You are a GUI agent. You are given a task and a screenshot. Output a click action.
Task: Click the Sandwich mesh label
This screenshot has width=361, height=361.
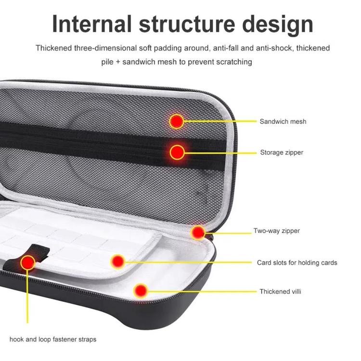(283, 122)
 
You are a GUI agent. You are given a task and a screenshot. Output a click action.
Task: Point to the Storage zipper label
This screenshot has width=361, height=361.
(282, 153)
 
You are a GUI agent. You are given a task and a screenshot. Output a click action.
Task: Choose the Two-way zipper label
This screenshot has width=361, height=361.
(276, 231)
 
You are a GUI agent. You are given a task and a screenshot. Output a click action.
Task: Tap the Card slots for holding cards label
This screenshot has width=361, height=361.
(297, 263)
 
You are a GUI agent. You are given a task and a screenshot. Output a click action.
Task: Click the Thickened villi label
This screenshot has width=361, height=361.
(281, 292)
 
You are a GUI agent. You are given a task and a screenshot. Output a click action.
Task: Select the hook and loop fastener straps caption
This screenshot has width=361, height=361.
(53, 339)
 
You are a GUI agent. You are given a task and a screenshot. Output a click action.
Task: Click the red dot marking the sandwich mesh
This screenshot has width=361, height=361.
(177, 121)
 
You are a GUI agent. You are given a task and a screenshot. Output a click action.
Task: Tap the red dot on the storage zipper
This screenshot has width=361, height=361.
(177, 153)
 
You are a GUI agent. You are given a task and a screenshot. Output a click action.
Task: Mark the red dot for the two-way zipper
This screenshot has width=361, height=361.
(197, 232)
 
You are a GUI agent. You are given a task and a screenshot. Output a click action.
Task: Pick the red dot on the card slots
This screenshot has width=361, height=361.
(117, 262)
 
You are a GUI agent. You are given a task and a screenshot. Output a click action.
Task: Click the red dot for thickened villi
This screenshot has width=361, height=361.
(140, 290)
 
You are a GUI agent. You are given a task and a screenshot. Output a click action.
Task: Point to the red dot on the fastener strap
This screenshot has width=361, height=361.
(28, 262)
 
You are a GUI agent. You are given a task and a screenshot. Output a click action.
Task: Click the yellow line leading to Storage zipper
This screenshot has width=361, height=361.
(221, 153)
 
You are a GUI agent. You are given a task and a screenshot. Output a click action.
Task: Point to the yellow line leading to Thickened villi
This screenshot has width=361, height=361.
(202, 291)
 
